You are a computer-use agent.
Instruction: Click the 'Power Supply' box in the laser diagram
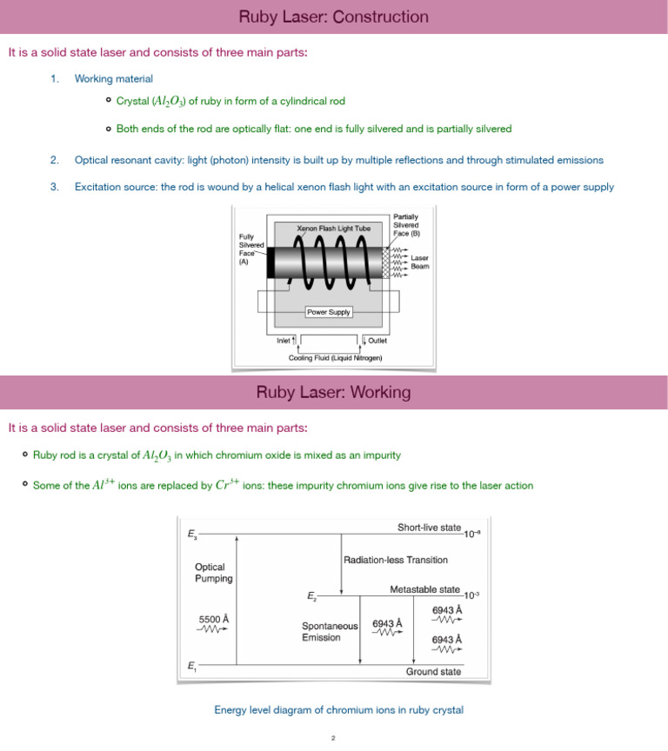(328, 311)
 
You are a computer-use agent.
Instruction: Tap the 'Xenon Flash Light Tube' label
(334, 229)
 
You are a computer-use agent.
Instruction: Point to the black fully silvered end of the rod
(271, 263)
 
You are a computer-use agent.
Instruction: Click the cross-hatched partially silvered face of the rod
(387, 263)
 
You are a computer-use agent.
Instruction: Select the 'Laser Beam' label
(420, 262)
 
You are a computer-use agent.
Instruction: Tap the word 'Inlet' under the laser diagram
(284, 341)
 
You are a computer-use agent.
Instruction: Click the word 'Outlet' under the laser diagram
(377, 341)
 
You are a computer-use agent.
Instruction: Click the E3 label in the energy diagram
(191, 535)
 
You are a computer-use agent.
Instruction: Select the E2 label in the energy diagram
(311, 596)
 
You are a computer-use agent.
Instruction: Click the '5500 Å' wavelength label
(214, 619)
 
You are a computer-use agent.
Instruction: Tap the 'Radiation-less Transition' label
(396, 560)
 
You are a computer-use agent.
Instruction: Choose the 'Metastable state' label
(424, 589)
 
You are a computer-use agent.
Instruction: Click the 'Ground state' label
(433, 671)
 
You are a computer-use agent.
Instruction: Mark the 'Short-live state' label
(429, 528)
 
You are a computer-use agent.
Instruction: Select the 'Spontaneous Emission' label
(329, 631)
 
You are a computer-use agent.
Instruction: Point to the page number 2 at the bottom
(333, 738)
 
